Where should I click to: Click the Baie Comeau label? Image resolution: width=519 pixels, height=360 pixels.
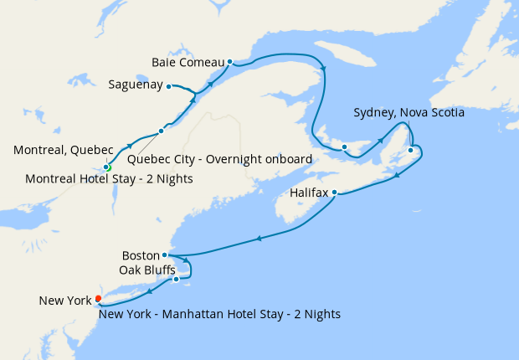pyautogui.click(x=188, y=62)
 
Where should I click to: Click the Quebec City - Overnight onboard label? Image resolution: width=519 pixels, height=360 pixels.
pyautogui.click(x=219, y=159)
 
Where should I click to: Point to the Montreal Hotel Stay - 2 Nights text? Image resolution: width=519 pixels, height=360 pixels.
pyautogui.click(x=109, y=178)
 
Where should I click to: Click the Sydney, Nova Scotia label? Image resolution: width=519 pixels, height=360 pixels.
pyautogui.click(x=409, y=112)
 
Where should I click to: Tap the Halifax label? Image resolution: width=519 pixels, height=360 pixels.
pyautogui.click(x=308, y=192)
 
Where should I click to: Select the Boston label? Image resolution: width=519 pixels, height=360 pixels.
pyautogui.click(x=140, y=255)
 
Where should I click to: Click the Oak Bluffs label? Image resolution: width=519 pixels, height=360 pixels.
pyautogui.click(x=147, y=270)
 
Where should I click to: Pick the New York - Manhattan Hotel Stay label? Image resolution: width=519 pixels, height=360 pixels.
pyautogui.click(x=219, y=314)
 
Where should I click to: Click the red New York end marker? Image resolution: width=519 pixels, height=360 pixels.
pyautogui.click(x=98, y=298)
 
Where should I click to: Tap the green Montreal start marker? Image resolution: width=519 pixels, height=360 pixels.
pyautogui.click(x=106, y=167)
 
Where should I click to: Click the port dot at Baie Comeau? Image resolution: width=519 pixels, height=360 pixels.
pyautogui.click(x=229, y=61)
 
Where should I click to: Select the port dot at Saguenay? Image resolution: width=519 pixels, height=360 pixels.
pyautogui.click(x=168, y=85)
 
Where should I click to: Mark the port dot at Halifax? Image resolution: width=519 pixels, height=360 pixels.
pyautogui.click(x=334, y=193)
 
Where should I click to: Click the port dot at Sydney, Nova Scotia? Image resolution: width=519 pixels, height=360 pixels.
pyautogui.click(x=410, y=150)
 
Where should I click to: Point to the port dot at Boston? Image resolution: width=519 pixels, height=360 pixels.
pyautogui.click(x=165, y=255)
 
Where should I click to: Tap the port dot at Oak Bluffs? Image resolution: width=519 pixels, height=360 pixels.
pyautogui.click(x=176, y=279)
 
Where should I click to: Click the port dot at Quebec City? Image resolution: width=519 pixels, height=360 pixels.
pyautogui.click(x=161, y=131)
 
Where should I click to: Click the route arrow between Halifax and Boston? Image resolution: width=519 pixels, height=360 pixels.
pyautogui.click(x=259, y=239)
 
